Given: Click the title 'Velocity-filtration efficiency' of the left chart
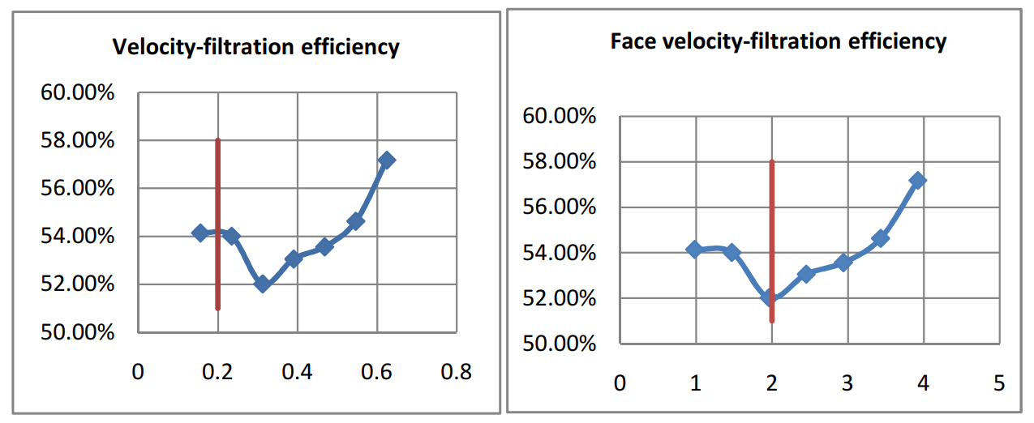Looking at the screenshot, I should click(x=255, y=47).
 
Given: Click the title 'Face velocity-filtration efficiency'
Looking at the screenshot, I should click(x=779, y=41).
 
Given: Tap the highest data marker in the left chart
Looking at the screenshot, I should click(x=387, y=160).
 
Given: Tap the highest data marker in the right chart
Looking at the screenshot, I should click(x=918, y=180).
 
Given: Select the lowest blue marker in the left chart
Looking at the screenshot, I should click(x=262, y=284).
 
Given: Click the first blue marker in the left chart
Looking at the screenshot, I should click(x=200, y=233).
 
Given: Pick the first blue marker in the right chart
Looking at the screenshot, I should click(x=694, y=250).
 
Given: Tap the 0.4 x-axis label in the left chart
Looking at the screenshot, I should click(x=298, y=372).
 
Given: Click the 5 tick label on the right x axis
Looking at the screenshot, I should click(x=998, y=382).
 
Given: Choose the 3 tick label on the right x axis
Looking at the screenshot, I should click(x=847, y=382).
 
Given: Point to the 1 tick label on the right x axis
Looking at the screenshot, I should click(x=696, y=382).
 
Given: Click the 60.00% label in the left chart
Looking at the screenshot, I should click(x=78, y=92).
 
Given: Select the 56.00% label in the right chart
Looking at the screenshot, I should click(x=560, y=207).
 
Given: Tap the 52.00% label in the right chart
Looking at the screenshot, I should click(x=560, y=299).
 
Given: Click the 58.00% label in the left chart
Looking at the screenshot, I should click(x=78, y=140).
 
